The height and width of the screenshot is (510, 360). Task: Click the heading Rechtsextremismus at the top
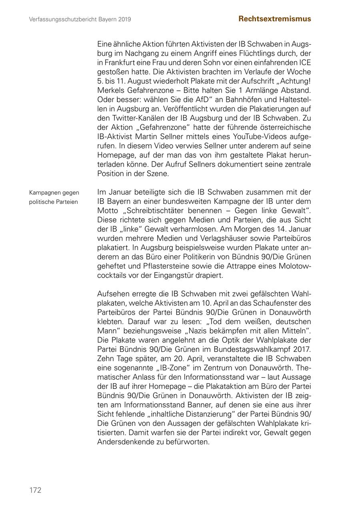coord(274,19)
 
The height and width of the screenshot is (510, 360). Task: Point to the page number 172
coord(35,490)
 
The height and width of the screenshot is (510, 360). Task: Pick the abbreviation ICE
coord(305,62)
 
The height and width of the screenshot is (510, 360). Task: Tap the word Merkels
coord(111,90)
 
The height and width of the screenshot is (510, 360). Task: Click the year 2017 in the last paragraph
coord(302,349)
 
